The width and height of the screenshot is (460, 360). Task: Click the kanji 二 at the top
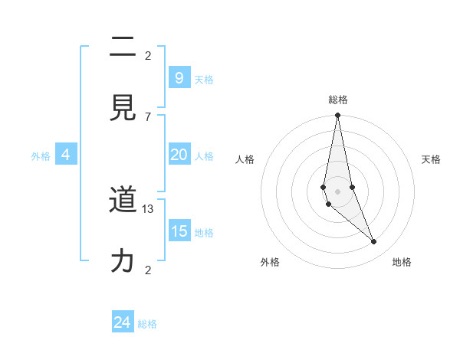[123, 47]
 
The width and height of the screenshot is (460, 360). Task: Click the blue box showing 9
[179, 77]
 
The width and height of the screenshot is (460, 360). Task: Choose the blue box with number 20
[179, 154]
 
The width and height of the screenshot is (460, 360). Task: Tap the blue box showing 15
[179, 231]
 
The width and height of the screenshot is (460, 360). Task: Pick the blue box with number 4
[66, 155]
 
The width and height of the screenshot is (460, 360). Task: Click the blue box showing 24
[122, 322]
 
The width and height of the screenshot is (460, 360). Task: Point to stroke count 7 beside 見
[148, 116]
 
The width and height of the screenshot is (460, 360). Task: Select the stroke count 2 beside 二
[148, 56]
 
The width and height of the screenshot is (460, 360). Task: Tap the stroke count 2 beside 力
[148, 270]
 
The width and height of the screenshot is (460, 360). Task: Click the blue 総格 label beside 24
[147, 324]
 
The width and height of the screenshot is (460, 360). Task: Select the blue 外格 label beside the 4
[41, 156]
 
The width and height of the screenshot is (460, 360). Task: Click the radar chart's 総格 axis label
[338, 100]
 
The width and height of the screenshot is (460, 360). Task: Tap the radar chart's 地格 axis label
[402, 263]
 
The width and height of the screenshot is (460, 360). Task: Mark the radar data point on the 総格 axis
[337, 116]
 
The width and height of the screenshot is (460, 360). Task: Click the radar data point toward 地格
[374, 242]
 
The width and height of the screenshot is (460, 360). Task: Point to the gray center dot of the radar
[337, 191]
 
